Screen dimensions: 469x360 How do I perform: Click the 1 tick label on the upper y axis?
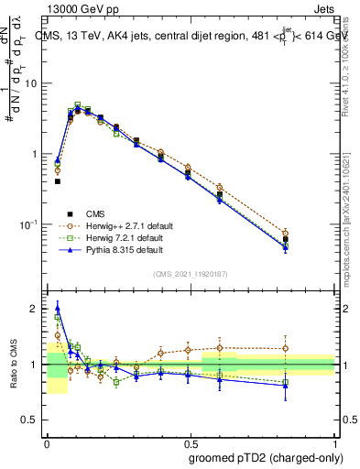coord(37,154)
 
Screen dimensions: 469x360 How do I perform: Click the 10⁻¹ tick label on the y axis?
coord(32,224)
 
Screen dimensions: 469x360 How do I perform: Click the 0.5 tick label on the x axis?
coord(190,441)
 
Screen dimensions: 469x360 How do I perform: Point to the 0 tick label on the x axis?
coord(47,441)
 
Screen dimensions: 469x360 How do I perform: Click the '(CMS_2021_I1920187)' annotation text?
coord(191,274)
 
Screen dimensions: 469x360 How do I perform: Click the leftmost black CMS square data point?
coord(57,181)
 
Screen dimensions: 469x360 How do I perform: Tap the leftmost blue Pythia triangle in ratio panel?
coord(57,309)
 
